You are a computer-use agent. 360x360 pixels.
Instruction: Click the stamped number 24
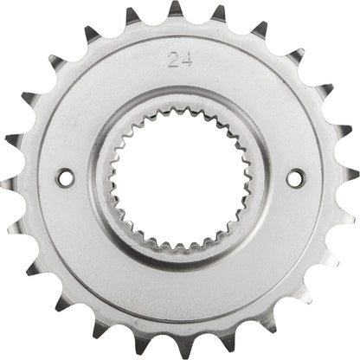pyautogui.click(x=181, y=61)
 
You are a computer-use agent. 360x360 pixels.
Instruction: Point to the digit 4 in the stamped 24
pyautogui.click(x=186, y=61)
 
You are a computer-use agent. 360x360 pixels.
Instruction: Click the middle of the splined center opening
pyautogui.click(x=180, y=179)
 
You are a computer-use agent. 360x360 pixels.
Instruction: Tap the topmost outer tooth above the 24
pyautogui.click(x=176, y=10)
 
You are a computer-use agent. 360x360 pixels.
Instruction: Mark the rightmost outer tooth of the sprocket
pyautogui.click(x=349, y=176)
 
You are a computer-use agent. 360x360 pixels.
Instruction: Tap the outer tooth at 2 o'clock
pyautogui.click(x=325, y=92)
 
